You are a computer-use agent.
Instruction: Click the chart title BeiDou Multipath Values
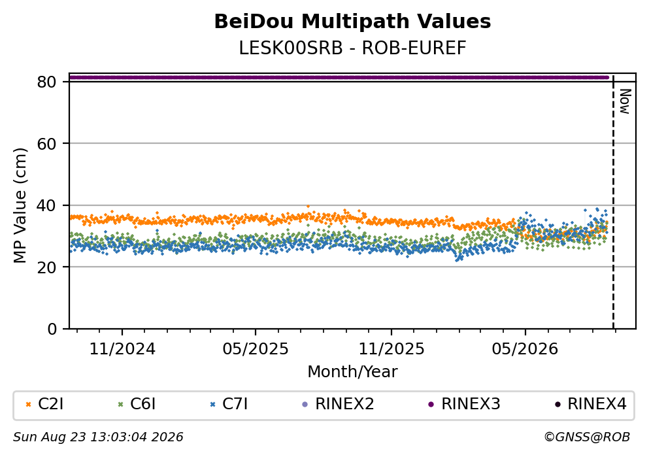click(x=352, y=22)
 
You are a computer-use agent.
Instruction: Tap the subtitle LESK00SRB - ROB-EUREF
click(x=352, y=48)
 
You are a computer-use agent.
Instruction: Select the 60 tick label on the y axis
click(x=46, y=144)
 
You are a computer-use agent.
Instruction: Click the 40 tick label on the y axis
click(x=46, y=205)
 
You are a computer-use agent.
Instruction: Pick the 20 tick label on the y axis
click(x=46, y=267)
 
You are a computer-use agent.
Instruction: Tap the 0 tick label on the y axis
click(x=52, y=329)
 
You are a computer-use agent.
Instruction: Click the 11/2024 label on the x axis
click(x=122, y=349)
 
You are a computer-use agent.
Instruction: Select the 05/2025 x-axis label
click(x=256, y=349)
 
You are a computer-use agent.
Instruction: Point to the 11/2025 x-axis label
click(x=391, y=349)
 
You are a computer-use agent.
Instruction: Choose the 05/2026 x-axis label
click(x=525, y=349)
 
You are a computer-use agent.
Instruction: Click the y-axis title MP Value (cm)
click(x=20, y=205)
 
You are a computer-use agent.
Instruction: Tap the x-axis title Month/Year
click(x=352, y=372)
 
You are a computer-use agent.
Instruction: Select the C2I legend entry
click(x=44, y=404)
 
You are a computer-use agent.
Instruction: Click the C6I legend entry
click(x=137, y=404)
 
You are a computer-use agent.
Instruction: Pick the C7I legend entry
click(x=229, y=404)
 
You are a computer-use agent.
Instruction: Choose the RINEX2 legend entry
click(x=338, y=404)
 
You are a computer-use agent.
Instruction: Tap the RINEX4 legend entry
click(x=591, y=404)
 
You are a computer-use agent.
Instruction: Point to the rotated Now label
click(x=625, y=101)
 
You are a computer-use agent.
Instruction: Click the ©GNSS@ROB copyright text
click(x=587, y=437)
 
